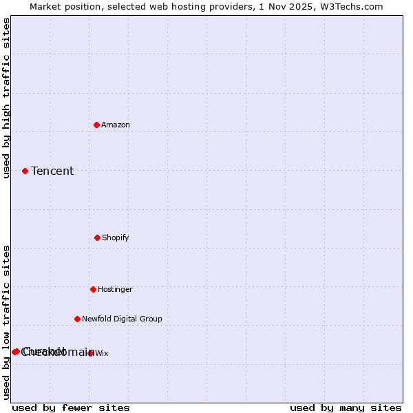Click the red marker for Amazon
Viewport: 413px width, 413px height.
point(97,125)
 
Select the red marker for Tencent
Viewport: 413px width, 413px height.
point(25,171)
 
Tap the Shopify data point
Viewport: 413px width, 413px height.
point(97,237)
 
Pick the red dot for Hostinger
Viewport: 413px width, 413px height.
point(93,289)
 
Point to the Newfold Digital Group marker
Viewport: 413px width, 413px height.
point(77,319)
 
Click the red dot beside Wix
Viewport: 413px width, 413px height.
point(91,353)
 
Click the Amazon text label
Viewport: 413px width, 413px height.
point(116,125)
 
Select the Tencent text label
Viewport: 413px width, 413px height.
point(52,171)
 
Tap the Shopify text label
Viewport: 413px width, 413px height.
point(116,237)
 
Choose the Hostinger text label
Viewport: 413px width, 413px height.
point(115,289)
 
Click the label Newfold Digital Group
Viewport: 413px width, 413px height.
point(122,319)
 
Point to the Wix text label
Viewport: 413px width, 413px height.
point(102,353)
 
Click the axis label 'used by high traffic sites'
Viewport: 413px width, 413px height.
point(6,98)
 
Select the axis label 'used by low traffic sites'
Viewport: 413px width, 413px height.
point(6,322)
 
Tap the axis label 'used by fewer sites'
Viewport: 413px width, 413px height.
point(71,407)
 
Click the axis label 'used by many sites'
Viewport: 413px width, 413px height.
point(346,407)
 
